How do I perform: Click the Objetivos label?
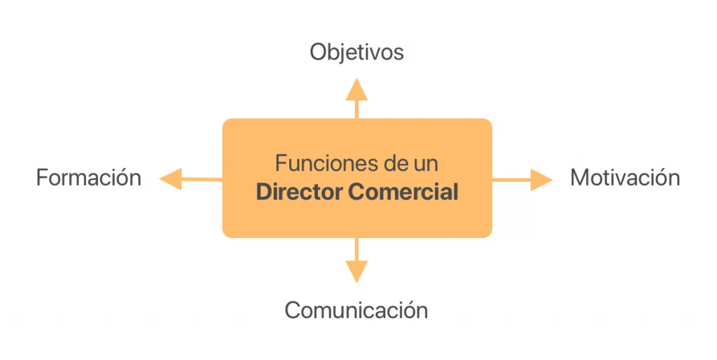(356, 53)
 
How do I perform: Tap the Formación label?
(88, 178)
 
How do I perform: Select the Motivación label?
(625, 178)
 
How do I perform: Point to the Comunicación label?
(356, 310)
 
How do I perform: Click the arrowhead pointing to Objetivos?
(356, 89)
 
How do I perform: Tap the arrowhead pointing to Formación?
(170, 179)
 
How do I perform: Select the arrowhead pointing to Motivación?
(541, 180)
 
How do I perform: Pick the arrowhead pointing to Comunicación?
(356, 271)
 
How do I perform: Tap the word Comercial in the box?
(403, 192)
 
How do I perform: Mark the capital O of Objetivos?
(319, 53)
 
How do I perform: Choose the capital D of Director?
(264, 192)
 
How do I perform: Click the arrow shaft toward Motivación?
(510, 180)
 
